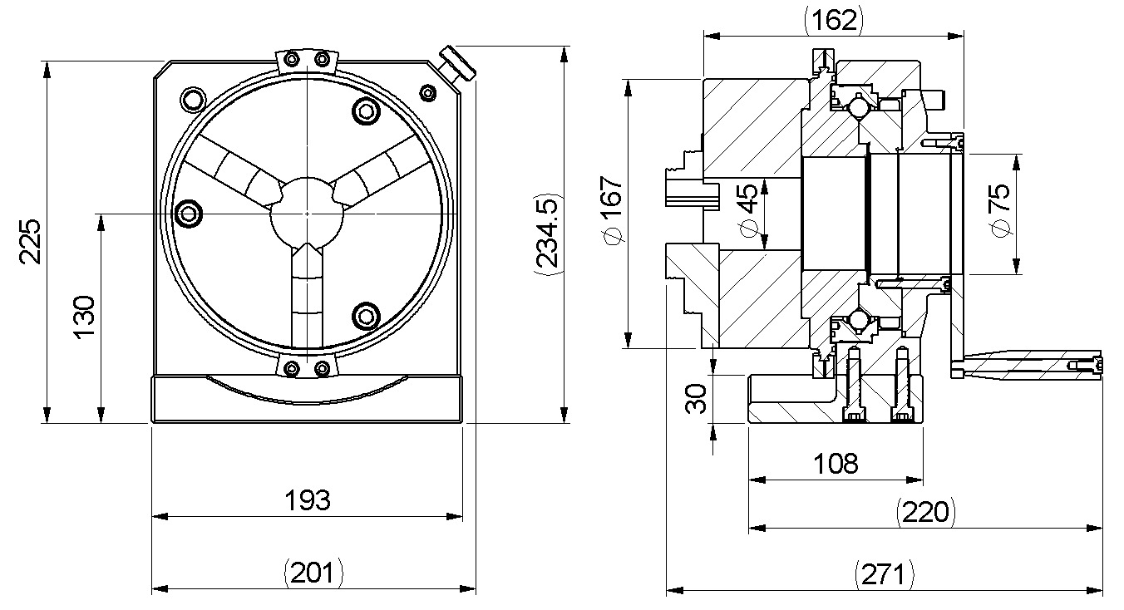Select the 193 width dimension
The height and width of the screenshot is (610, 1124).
[308, 501]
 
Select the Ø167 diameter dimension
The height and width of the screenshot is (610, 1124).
[614, 213]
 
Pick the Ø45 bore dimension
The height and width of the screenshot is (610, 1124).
[747, 212]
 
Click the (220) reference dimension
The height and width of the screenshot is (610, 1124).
[926, 512]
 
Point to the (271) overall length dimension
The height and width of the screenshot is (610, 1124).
[885, 573]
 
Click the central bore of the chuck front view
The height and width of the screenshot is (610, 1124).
[307, 214]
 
